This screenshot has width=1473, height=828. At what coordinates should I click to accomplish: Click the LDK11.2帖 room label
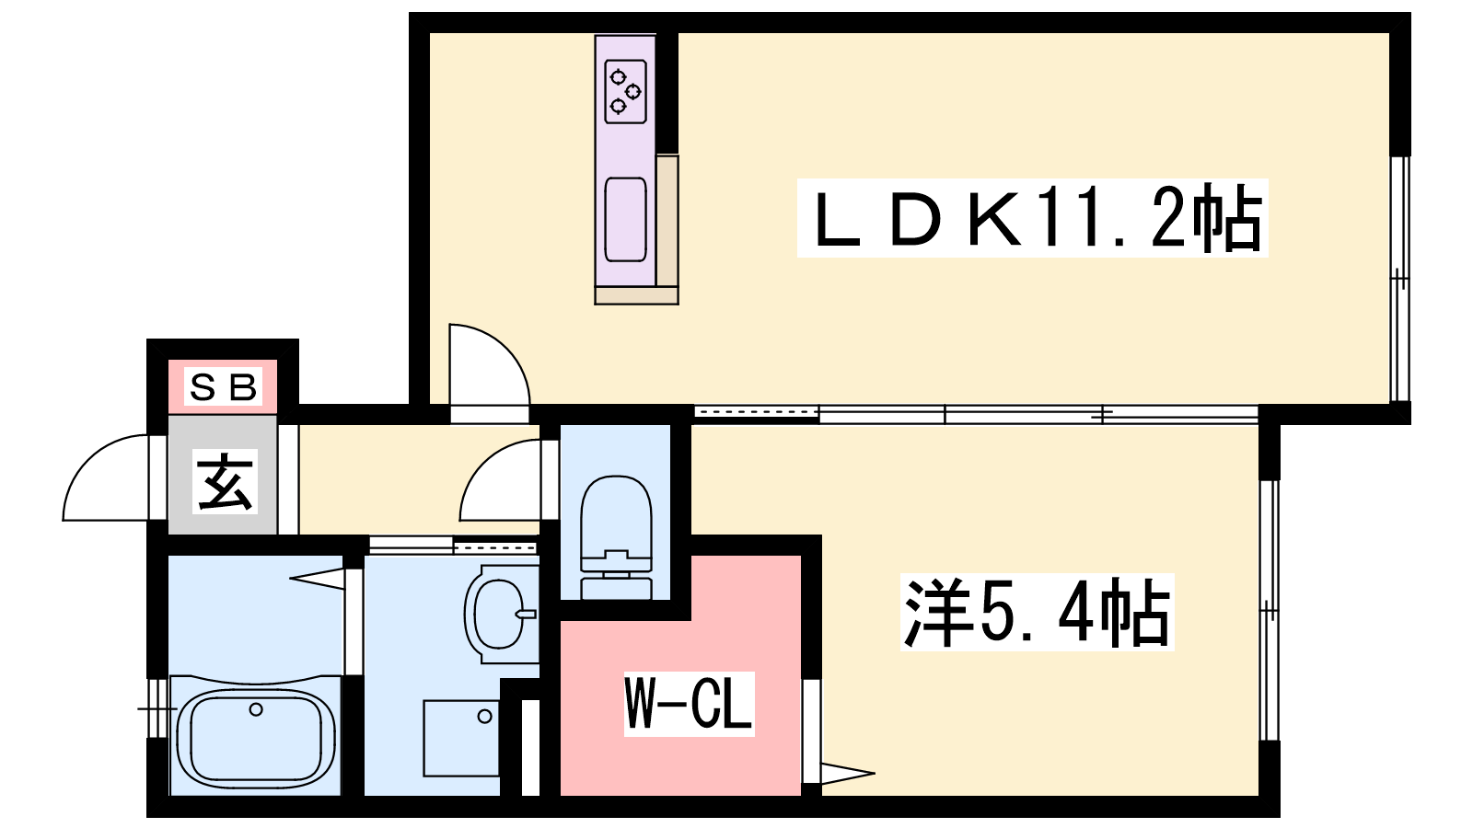tap(1032, 217)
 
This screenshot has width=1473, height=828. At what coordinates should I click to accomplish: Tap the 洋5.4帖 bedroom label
tap(1037, 612)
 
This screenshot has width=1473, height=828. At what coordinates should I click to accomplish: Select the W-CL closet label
tap(689, 704)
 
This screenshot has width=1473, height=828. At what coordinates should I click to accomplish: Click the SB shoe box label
tap(223, 387)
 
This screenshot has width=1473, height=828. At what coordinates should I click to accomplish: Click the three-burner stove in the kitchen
tap(625, 91)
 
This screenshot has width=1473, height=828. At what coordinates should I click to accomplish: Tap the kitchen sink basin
tap(625, 219)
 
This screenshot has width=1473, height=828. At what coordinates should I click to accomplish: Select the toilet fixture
tap(616, 537)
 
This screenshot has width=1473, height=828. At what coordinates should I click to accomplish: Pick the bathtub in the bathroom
tap(256, 736)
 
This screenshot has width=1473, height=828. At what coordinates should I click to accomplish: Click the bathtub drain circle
tap(256, 709)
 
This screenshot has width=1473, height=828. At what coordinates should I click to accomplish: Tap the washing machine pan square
tap(461, 738)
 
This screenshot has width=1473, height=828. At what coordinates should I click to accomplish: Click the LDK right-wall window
tap(1399, 279)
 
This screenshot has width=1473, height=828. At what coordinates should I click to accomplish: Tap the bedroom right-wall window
tap(1270, 611)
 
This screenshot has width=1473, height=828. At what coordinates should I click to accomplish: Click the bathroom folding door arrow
tap(317, 579)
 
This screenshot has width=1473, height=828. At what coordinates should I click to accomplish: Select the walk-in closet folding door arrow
tap(848, 773)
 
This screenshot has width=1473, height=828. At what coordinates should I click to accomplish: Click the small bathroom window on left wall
tap(157, 708)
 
